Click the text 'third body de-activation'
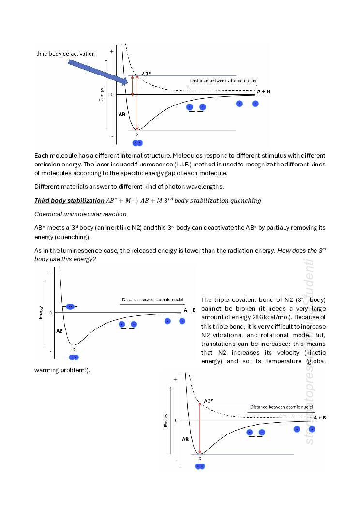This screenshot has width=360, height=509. click(x=66, y=54)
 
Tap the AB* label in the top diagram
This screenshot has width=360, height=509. click(x=146, y=74)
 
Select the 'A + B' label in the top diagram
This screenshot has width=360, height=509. click(x=263, y=91)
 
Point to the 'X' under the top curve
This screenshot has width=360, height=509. click(x=137, y=135)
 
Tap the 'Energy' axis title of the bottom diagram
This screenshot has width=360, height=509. click(x=166, y=419)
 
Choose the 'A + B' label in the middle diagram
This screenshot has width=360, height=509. click(x=190, y=309)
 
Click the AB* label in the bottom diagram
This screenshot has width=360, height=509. click(x=208, y=401)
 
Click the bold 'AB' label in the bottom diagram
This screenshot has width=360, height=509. click(x=185, y=440)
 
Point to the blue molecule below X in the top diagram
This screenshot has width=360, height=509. click(x=138, y=143)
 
